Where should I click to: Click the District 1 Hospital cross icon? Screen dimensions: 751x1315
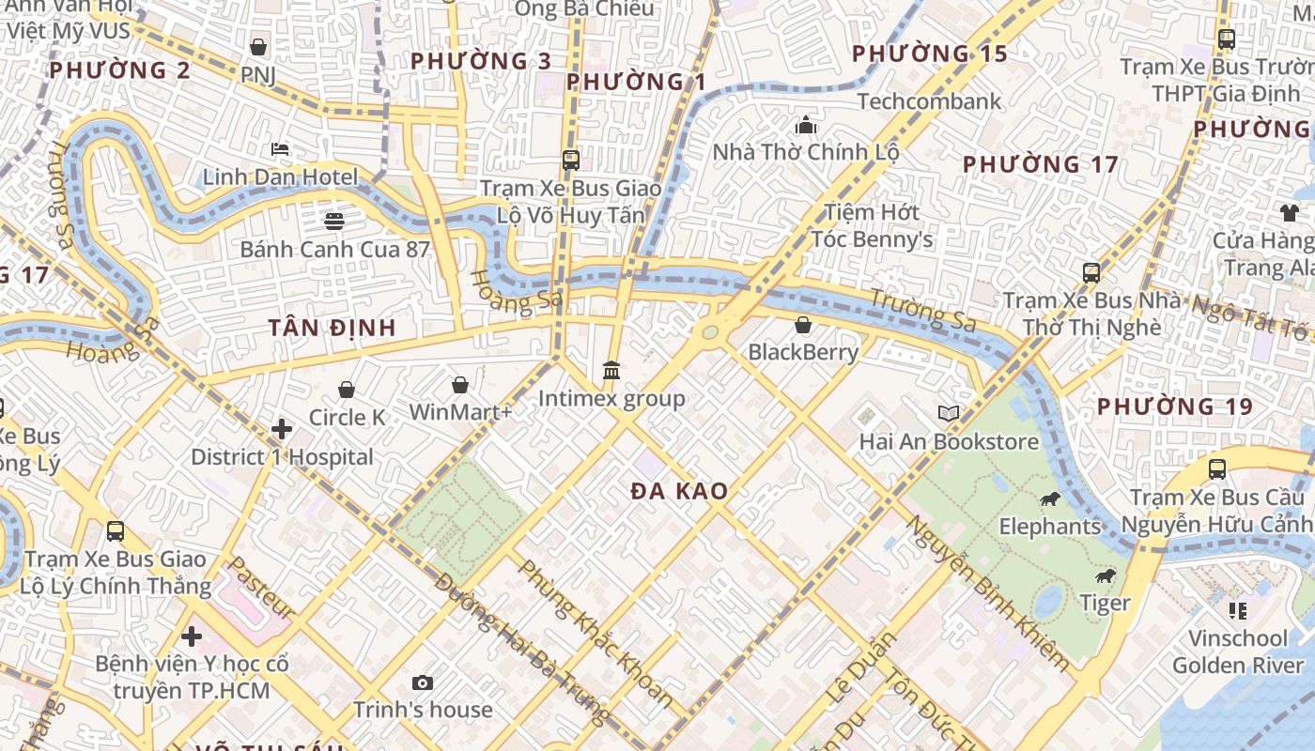[x=281, y=429]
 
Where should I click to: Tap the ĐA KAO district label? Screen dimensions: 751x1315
[x=679, y=491]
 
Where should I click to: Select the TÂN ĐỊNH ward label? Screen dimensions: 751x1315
[x=332, y=328]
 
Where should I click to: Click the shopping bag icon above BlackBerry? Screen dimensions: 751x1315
[x=803, y=326]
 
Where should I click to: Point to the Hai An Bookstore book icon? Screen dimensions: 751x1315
[x=949, y=414]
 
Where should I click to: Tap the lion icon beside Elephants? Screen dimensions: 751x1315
[x=1050, y=499]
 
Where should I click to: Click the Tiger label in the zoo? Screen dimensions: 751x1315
[x=1105, y=603]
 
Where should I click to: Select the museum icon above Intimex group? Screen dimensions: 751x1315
[x=611, y=371]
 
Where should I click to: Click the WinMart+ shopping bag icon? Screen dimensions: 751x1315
[x=460, y=385]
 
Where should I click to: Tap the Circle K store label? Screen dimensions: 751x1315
[x=348, y=417]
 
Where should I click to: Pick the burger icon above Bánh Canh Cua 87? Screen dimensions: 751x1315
[x=334, y=222]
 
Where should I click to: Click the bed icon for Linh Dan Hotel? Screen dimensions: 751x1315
[x=280, y=149]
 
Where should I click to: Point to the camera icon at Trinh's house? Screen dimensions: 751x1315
[x=423, y=682]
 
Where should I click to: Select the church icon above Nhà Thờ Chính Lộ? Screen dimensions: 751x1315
[x=806, y=125]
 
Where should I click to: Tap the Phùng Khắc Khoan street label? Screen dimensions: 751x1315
[x=596, y=633]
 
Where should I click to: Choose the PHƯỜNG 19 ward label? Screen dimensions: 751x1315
[x=1174, y=406]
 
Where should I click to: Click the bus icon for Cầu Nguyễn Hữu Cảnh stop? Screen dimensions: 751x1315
[x=1217, y=469]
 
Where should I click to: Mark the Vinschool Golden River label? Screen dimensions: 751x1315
[x=1238, y=651]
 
